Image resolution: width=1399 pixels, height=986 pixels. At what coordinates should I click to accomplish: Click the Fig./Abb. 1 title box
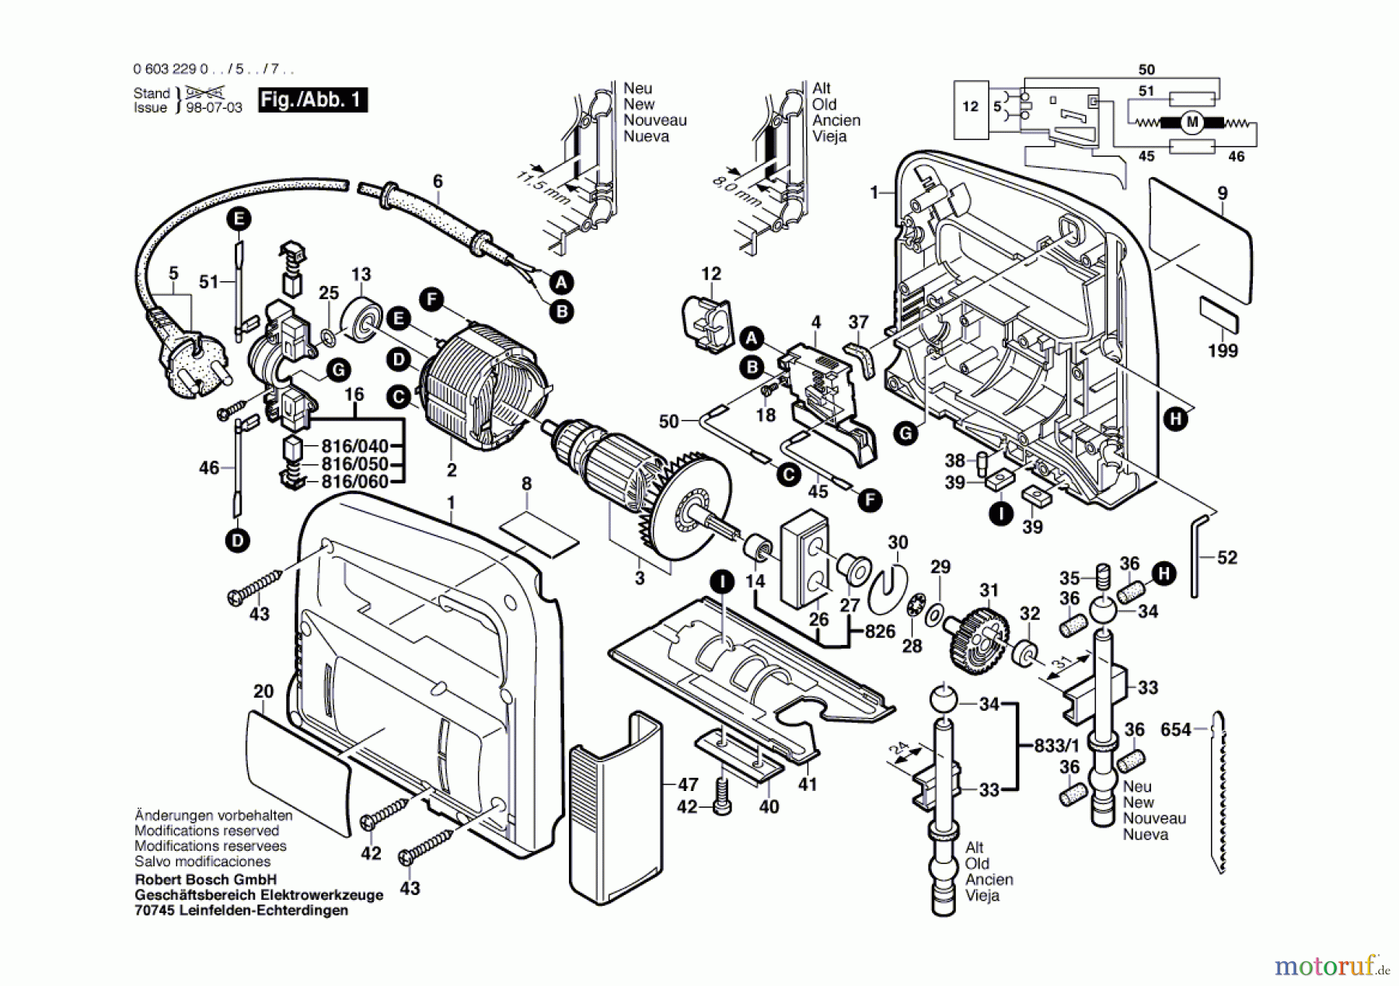[x=312, y=100]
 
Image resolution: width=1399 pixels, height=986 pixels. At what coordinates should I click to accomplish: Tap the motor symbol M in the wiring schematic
[x=1191, y=123]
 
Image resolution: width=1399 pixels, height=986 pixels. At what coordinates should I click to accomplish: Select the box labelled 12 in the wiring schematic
[x=970, y=106]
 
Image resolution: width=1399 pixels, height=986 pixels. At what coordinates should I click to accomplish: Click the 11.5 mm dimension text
[x=543, y=187]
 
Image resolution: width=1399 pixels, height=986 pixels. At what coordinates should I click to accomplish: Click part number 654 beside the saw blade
[x=1175, y=730]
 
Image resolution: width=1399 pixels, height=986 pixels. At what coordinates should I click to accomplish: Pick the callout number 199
[x=1223, y=351]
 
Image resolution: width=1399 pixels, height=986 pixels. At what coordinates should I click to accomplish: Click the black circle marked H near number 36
[x=1164, y=574]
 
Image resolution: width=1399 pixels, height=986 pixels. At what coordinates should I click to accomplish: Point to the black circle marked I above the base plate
[x=722, y=582]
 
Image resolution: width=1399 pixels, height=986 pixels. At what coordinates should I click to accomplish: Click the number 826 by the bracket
[x=880, y=632]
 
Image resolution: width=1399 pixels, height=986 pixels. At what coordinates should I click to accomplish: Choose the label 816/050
[x=354, y=464]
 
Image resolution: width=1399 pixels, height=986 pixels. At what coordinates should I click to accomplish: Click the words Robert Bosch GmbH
[x=206, y=880]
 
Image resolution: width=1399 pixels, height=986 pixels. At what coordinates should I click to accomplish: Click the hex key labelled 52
[x=1201, y=556]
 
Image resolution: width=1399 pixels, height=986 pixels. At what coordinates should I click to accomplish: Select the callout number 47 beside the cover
[x=688, y=785]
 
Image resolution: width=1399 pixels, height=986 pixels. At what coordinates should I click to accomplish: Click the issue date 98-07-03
[x=214, y=108]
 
